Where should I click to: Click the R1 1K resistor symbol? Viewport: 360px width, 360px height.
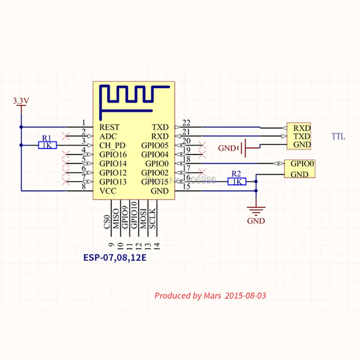pos(47,145)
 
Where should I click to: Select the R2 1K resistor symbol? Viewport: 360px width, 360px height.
pos(237,182)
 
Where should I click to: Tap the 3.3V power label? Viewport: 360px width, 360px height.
pos(21,101)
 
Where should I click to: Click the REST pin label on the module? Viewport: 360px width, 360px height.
pos(109,127)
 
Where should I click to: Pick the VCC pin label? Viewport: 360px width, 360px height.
pos(108,191)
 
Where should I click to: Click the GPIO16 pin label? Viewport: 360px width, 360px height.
pos(113,154)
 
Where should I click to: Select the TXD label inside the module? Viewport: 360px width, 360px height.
pos(160,127)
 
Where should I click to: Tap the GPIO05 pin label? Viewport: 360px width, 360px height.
pos(155,145)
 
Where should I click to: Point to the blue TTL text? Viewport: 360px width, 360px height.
pos(338,136)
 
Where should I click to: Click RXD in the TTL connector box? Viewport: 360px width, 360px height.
pos(302,128)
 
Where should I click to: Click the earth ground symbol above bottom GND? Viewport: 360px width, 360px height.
pos(256,209)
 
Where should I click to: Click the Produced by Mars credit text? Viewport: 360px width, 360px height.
pos(210,296)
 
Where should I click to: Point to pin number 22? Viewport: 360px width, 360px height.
pos(186,123)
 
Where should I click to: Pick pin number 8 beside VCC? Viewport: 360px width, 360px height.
pos(84,186)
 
